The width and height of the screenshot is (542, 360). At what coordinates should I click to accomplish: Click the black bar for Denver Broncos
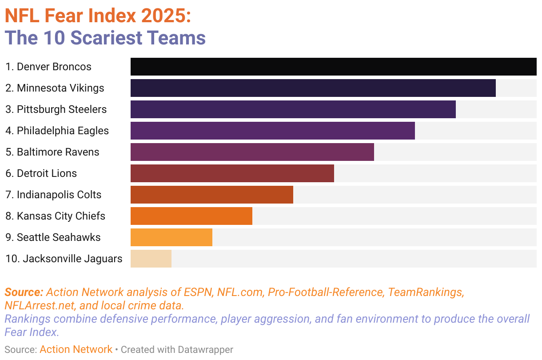click(333, 67)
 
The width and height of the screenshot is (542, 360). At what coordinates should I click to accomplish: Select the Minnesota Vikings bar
click(313, 88)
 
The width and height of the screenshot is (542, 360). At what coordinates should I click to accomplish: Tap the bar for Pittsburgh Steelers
click(293, 109)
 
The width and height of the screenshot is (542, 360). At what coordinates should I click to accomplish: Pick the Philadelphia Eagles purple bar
click(272, 131)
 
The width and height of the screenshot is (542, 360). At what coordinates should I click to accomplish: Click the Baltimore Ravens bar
click(252, 152)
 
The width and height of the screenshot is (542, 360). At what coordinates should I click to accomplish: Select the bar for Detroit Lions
click(232, 173)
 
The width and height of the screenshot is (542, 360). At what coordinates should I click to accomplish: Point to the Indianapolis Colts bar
click(211, 195)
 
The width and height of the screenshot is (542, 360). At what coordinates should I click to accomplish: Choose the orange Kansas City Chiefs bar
click(191, 216)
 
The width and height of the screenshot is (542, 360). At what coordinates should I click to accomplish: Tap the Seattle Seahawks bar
click(171, 237)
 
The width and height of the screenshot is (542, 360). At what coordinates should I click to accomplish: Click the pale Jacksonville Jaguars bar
click(151, 259)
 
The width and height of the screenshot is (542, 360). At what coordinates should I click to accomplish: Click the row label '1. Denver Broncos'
click(48, 67)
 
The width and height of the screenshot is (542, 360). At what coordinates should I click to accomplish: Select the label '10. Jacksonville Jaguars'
click(64, 259)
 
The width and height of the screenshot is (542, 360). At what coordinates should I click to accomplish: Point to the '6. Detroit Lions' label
click(41, 173)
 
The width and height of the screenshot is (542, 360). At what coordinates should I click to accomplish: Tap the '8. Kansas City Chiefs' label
click(55, 216)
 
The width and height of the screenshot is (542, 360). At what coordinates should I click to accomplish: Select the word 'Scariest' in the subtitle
click(104, 38)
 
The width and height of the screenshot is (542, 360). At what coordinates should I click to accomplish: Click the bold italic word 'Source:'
click(24, 292)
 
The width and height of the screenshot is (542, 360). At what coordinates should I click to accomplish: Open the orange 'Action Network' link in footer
click(76, 350)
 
